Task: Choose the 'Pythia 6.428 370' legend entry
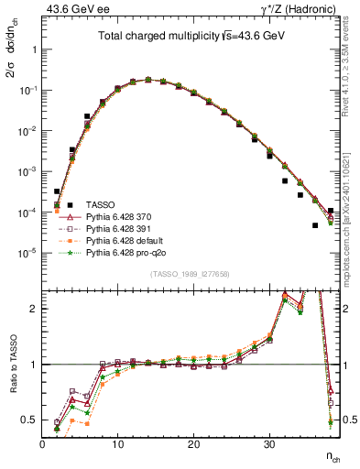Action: (x=120, y=215)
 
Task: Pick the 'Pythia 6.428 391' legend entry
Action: (x=120, y=227)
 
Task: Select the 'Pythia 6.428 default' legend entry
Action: (x=125, y=239)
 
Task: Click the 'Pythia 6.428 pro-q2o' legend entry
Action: (x=126, y=251)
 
